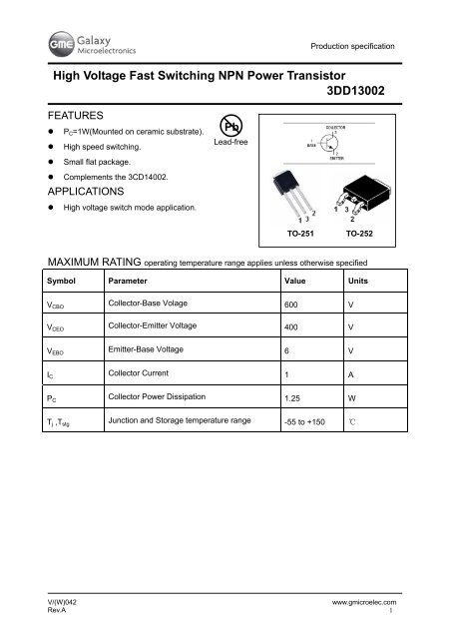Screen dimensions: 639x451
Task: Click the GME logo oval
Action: click(x=49, y=43)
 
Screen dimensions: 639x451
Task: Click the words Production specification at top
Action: click(x=352, y=47)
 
